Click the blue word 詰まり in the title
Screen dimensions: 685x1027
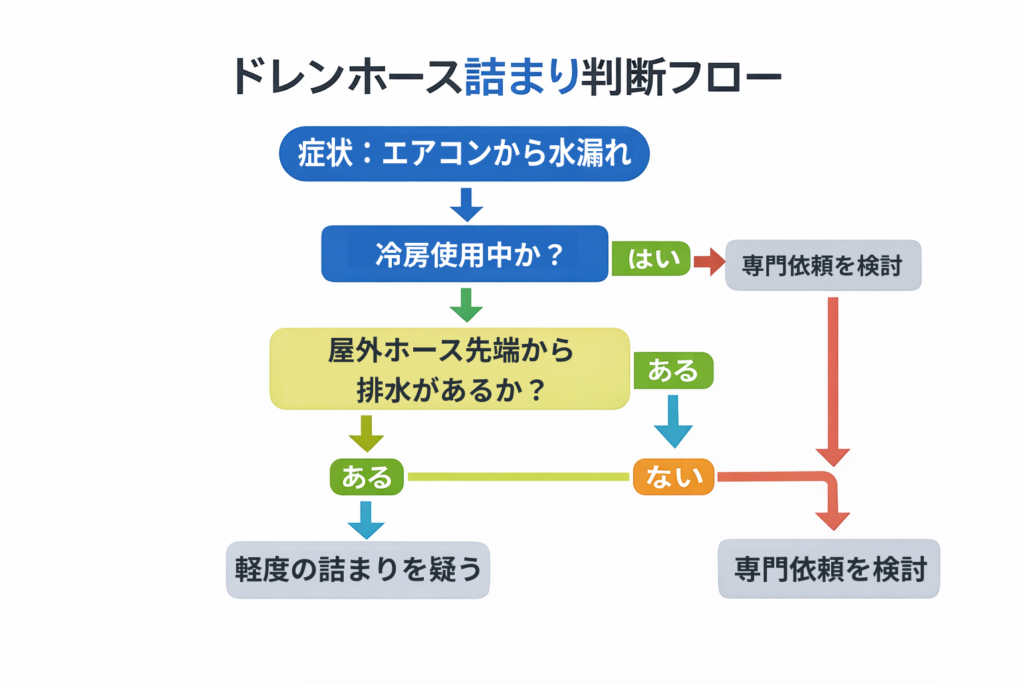click(522, 77)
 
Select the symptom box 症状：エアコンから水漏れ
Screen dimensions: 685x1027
click(464, 154)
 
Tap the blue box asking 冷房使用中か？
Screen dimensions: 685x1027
click(465, 254)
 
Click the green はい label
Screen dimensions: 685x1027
click(651, 259)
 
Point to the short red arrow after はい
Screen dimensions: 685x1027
click(709, 261)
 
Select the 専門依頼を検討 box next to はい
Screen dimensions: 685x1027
click(823, 266)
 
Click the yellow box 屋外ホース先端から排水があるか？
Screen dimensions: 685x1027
click(449, 369)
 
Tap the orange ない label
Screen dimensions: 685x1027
click(673, 477)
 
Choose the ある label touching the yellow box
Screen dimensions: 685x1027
click(673, 371)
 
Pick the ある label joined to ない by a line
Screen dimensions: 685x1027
click(366, 477)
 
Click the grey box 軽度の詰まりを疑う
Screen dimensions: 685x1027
click(358, 570)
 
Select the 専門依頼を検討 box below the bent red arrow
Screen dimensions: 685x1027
click(828, 569)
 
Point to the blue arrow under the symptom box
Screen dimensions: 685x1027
click(466, 205)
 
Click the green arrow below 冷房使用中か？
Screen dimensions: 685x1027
click(466, 305)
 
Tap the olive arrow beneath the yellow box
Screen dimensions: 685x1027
click(366, 433)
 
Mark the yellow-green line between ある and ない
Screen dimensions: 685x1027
click(518, 477)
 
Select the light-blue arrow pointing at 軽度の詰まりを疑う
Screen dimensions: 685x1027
click(366, 520)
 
